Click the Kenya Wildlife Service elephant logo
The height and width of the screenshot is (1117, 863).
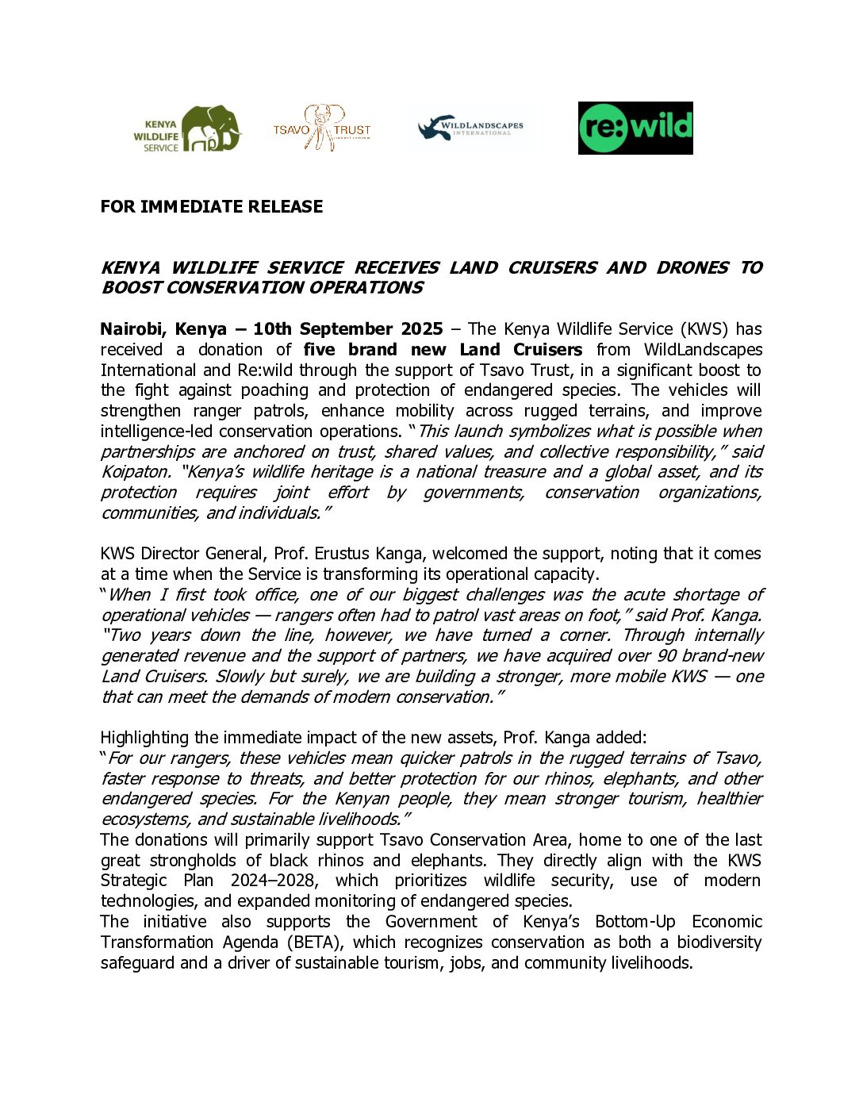coord(187,129)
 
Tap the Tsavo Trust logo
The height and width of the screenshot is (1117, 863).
coord(322,128)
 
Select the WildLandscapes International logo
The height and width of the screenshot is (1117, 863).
coord(471,128)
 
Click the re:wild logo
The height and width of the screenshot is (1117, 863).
coord(635,128)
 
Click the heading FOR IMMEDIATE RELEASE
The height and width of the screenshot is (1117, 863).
coord(212,207)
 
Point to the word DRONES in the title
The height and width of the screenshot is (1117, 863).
coord(692,268)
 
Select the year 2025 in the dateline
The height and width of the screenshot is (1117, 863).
coord(421,329)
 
